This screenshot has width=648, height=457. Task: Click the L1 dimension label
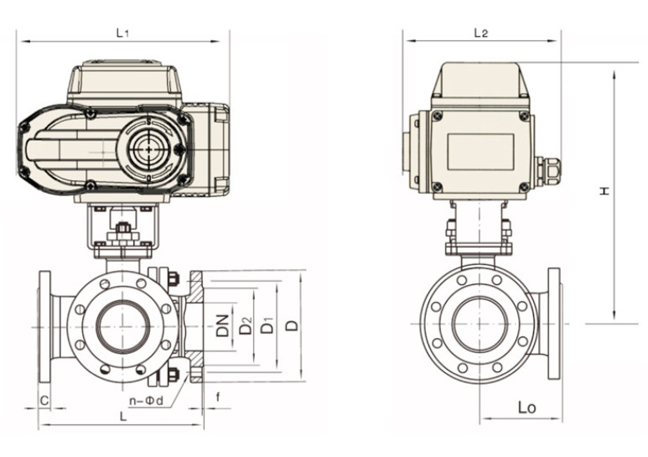[x=122, y=33]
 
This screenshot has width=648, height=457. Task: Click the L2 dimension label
[x=480, y=33]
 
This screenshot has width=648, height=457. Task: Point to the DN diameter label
[x=222, y=325]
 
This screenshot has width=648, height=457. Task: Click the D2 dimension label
[x=245, y=325]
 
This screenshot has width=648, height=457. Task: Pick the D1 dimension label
[x=267, y=325]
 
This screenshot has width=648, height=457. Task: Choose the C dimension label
[x=44, y=401]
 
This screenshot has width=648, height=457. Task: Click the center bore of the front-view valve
[x=122, y=325]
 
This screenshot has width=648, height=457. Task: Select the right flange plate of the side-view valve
[x=553, y=323]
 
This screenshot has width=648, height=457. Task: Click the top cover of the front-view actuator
[x=127, y=81]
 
